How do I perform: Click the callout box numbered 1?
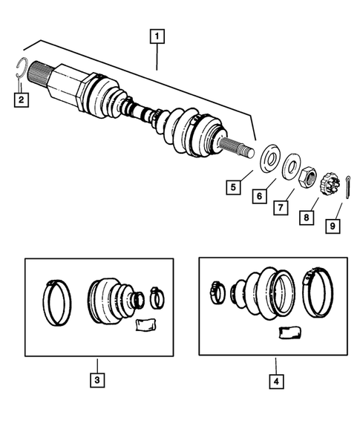[157, 34]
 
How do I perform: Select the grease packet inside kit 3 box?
[145, 325]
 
